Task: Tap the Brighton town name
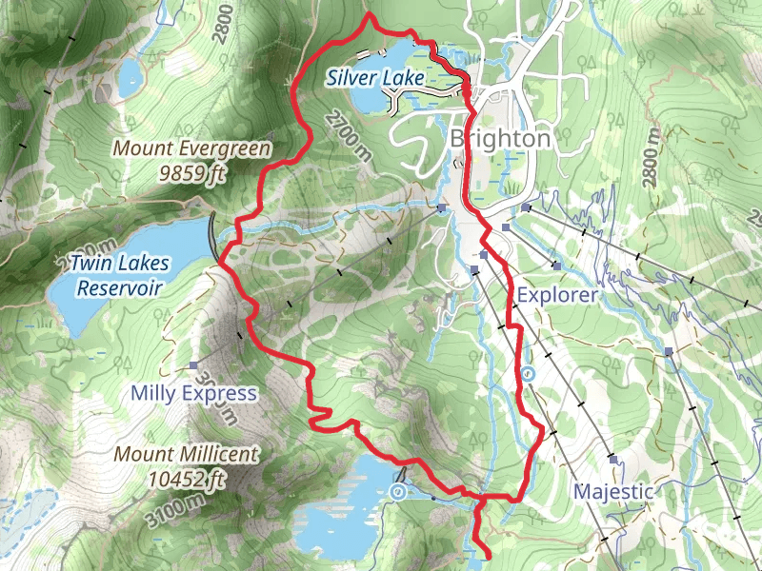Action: coord(499,139)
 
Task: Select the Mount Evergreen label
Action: coord(191,148)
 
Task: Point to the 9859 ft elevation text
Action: coord(191,173)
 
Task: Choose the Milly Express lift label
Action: coord(194,393)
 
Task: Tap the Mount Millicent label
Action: coord(186,454)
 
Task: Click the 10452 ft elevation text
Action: coord(186,478)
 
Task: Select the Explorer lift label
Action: coord(557,295)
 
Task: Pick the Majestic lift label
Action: coord(613,491)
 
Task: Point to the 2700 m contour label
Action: coord(345,134)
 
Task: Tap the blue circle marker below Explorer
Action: coord(528,374)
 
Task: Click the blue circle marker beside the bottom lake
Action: coord(397,491)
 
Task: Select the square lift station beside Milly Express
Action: coord(193,365)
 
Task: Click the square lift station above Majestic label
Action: coord(612,459)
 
